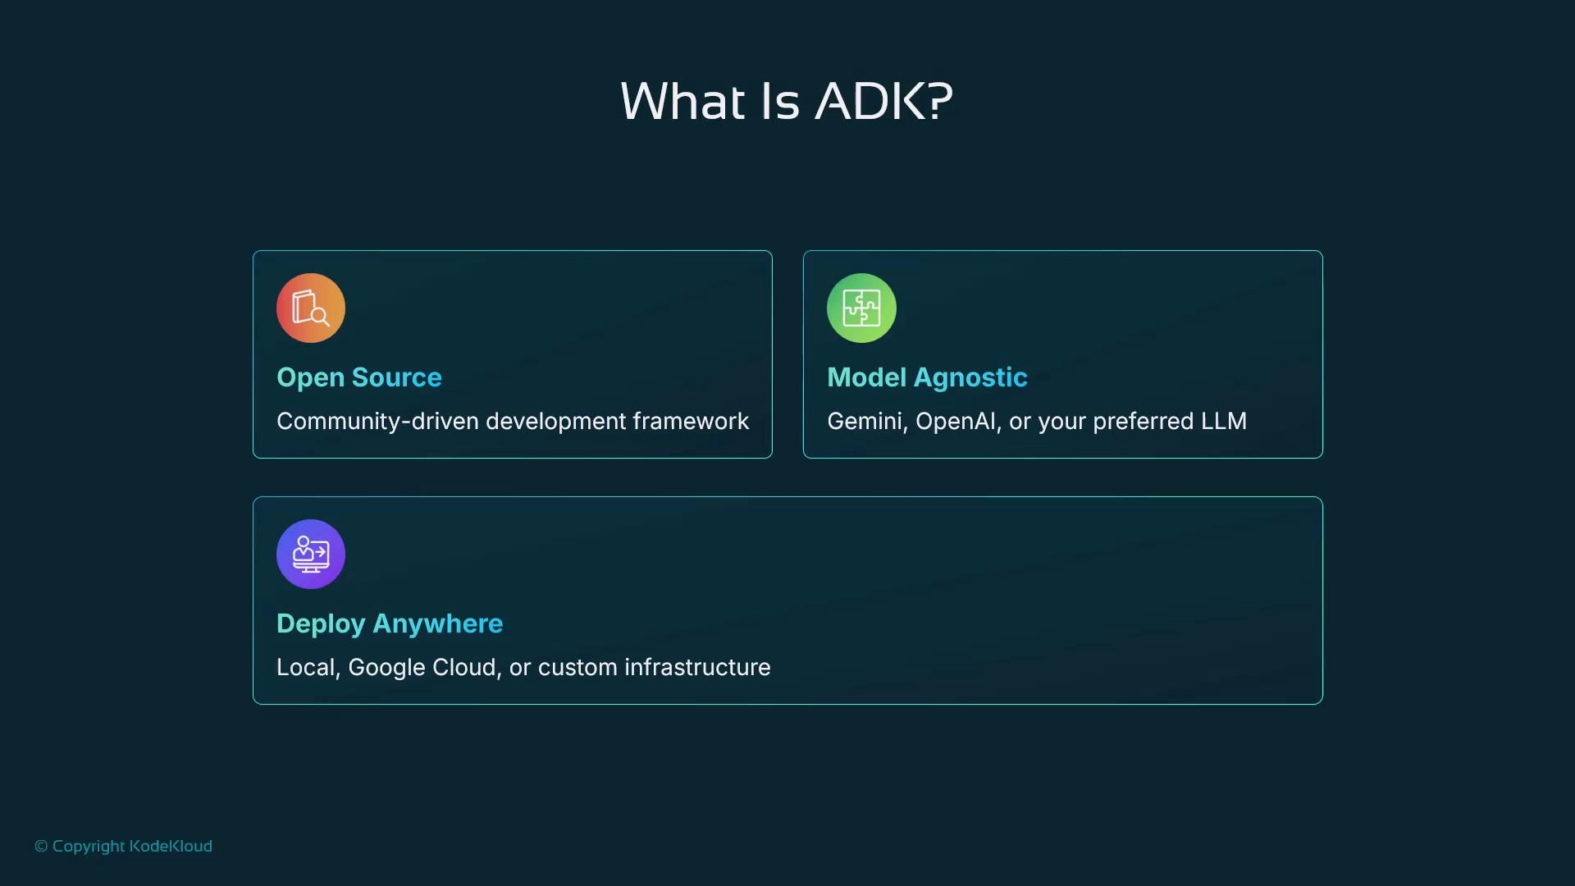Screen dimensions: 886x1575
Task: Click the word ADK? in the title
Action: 883,102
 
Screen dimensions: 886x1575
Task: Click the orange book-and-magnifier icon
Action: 311,308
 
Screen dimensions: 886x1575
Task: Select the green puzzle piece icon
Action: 861,308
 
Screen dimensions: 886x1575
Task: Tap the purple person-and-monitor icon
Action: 311,555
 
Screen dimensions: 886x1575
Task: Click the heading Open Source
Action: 359,377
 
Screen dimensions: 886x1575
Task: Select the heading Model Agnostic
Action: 927,377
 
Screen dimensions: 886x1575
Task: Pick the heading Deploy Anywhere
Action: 390,623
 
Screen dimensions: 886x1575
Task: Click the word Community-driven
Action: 377,422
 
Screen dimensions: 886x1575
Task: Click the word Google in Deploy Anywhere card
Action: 386,668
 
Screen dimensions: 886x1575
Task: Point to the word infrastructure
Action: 697,668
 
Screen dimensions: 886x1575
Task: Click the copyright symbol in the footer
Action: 41,847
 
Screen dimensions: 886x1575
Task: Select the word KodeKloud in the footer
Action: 171,847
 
